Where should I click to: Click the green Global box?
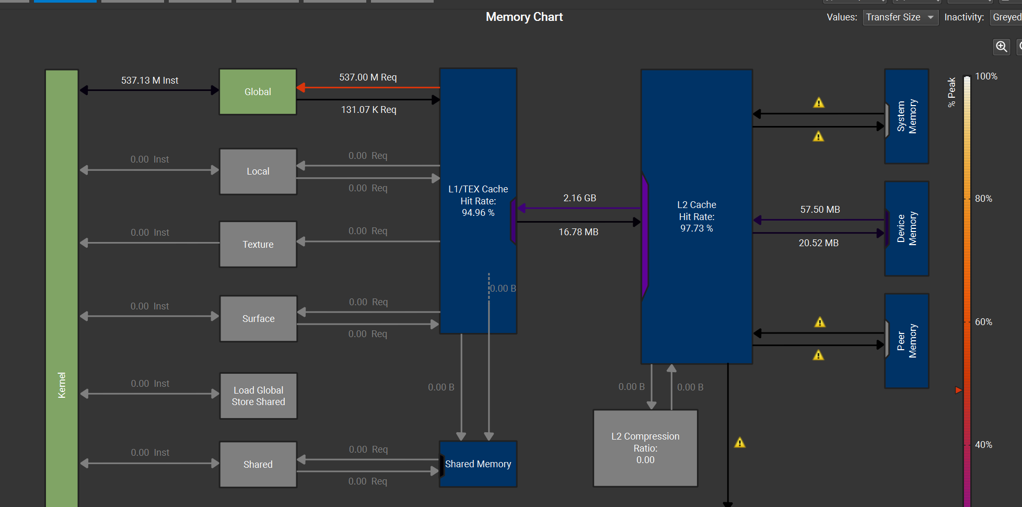258,91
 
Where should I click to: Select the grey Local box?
258,171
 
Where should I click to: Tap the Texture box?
258,244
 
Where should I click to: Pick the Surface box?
259,318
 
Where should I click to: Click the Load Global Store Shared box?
259,396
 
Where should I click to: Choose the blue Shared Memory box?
478,464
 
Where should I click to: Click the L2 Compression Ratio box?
645,448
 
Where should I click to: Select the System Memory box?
907,116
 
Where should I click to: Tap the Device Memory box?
907,228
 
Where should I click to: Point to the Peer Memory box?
907,341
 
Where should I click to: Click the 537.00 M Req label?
368,77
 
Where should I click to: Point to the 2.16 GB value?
579,198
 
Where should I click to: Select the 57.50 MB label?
820,210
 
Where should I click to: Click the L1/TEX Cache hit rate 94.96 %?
478,213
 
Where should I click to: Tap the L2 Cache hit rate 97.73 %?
696,228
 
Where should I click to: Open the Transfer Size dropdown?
900,17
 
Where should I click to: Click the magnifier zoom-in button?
1001,47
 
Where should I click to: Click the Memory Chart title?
524,17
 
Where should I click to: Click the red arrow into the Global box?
368,87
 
